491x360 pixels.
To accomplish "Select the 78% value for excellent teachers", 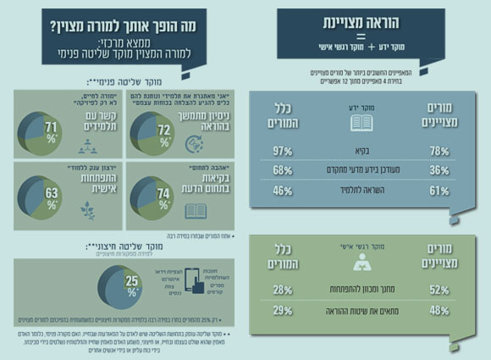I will [440, 149].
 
